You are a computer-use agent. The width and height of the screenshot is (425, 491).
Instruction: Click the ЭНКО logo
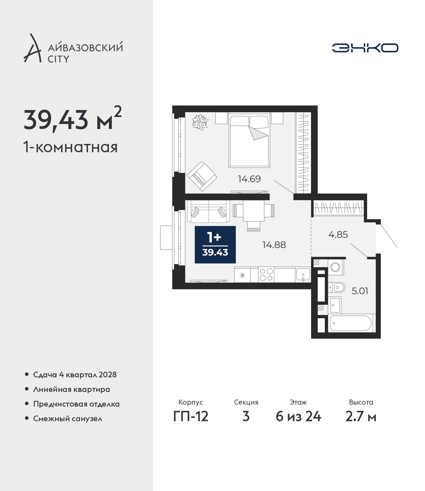pyautogui.click(x=365, y=48)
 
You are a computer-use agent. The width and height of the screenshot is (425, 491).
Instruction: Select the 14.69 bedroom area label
pyautogui.click(x=249, y=179)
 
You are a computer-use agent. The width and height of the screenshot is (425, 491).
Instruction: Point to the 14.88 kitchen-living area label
pyautogui.click(x=274, y=245)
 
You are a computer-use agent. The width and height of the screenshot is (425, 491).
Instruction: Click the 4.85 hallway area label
pyautogui.click(x=338, y=234)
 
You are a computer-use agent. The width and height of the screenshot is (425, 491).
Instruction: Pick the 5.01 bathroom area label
pyautogui.click(x=360, y=291)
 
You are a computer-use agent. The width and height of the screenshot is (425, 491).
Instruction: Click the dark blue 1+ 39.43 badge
pyautogui.click(x=215, y=245)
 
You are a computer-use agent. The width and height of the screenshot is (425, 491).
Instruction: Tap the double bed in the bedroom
pyautogui.click(x=249, y=140)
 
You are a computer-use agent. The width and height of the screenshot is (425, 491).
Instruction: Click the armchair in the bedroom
pyautogui.click(x=202, y=176)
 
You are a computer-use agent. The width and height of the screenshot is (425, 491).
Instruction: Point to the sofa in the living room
pyautogui.click(x=209, y=211)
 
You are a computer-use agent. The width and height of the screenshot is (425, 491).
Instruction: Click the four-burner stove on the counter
pyautogui.click(x=266, y=275)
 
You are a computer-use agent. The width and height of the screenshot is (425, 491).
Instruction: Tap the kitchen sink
pyautogui.click(x=303, y=275)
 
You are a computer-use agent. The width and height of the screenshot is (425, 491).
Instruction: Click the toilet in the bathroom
pyautogui.click(x=336, y=288)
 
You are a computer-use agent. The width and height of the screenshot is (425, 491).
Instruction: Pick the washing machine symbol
pyautogui.click(x=336, y=267)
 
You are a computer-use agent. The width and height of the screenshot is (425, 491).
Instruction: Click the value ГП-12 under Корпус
pyautogui.click(x=191, y=417)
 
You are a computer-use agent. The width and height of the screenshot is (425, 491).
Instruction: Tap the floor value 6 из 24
pyautogui.click(x=298, y=417)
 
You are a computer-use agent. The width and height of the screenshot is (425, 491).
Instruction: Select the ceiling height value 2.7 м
pyautogui.click(x=361, y=417)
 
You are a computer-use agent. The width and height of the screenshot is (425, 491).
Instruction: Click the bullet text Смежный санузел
pyautogui.click(x=68, y=418)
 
